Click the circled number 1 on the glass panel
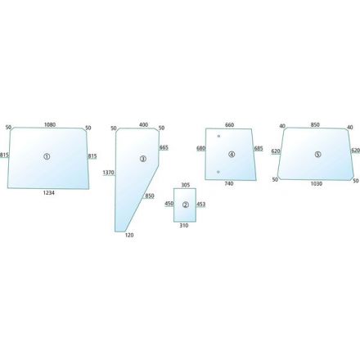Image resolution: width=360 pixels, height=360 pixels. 47,156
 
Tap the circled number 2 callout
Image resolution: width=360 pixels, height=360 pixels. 186,205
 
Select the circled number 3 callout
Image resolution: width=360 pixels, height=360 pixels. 143,159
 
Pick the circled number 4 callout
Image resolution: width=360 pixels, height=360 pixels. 232,155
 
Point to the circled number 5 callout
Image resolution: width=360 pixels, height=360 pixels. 317,155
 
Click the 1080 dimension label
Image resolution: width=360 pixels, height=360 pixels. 50,124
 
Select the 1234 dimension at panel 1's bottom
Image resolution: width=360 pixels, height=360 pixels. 49,193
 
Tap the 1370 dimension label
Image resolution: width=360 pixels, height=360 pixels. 108,173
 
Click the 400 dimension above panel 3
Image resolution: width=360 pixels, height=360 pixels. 144,124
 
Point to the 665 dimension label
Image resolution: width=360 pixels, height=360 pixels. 164,147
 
